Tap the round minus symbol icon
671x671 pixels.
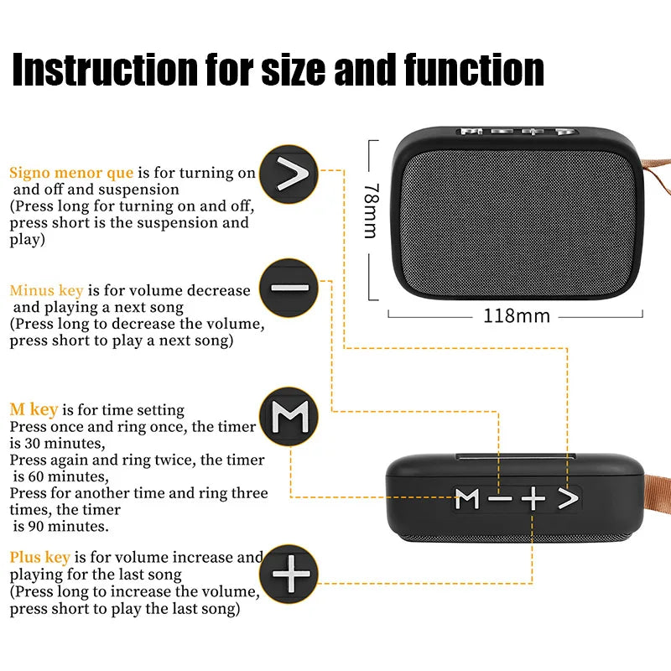[289, 288]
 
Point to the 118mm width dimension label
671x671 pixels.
[517, 316]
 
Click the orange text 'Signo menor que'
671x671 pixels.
[71, 173]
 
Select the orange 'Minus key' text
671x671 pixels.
[46, 290]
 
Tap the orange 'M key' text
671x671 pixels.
[34, 410]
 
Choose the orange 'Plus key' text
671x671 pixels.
[40, 557]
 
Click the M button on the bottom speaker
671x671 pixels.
[467, 499]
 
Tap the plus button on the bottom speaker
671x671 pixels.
[533, 499]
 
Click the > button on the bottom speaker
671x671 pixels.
[569, 499]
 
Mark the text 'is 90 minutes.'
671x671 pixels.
[61, 527]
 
